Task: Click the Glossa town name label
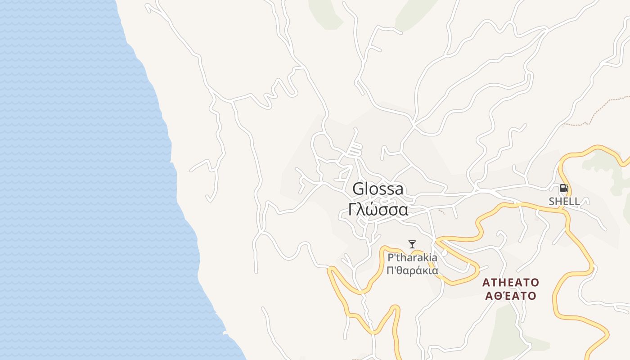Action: pyautogui.click(x=378, y=189)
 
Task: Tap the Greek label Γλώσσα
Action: pyautogui.click(x=378, y=210)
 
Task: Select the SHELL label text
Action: pyautogui.click(x=564, y=201)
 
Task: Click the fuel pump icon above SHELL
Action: pyautogui.click(x=564, y=189)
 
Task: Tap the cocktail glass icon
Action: pyautogui.click(x=412, y=244)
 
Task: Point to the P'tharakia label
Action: pyautogui.click(x=412, y=258)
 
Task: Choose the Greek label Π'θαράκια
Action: pyautogui.click(x=412, y=271)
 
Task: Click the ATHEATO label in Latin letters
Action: pyautogui.click(x=510, y=283)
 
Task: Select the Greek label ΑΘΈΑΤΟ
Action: pyautogui.click(x=510, y=296)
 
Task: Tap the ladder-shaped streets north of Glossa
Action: pyautogui.click(x=355, y=149)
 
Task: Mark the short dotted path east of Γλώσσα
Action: pyautogui.click(x=442, y=211)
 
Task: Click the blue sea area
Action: pyautogui.click(x=67, y=180)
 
